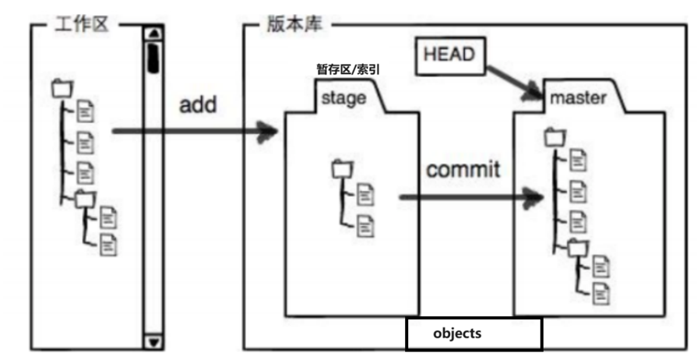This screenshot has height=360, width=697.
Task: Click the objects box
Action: click(473, 334)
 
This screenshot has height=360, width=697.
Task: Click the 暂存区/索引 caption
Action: click(347, 70)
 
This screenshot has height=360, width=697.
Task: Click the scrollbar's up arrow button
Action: click(153, 34)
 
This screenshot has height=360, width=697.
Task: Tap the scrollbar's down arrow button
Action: click(153, 341)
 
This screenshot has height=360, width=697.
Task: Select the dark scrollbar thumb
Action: click(153, 56)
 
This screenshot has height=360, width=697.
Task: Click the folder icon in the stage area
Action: click(340, 168)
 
